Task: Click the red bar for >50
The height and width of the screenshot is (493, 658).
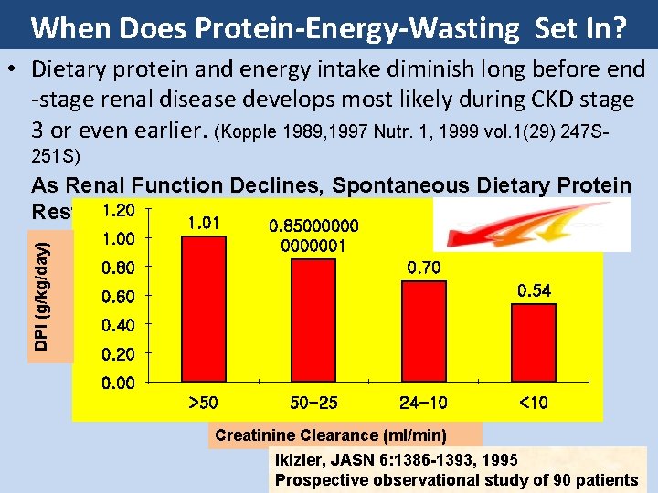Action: click(x=204, y=309)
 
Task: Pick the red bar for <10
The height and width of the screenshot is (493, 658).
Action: click(x=533, y=342)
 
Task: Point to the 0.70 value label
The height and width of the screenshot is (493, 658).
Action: click(x=424, y=267)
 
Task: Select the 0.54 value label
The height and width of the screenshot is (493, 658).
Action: click(x=535, y=290)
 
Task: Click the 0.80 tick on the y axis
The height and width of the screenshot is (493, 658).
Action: click(x=118, y=267)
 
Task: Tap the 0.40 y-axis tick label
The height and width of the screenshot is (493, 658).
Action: click(x=118, y=325)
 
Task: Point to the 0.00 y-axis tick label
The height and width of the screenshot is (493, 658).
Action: click(x=118, y=383)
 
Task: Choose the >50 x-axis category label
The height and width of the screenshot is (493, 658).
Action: click(x=203, y=403)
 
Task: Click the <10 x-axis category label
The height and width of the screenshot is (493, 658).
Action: click(x=533, y=403)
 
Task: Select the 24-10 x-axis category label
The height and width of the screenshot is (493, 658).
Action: click(x=423, y=403)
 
